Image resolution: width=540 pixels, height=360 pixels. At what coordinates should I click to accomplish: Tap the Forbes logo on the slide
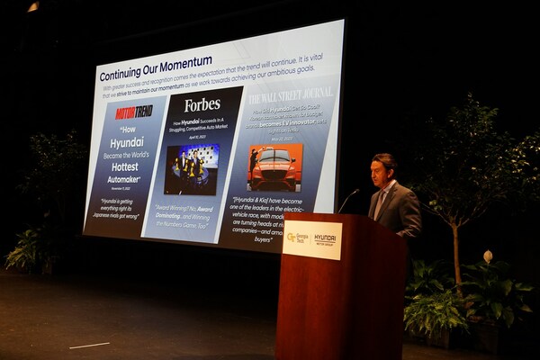point(202,104)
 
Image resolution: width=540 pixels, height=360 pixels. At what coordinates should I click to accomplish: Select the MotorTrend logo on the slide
point(133,112)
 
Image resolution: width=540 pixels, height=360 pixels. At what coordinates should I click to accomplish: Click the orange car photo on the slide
point(274,167)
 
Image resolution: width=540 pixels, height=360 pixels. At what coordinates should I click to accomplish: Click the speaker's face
point(382,169)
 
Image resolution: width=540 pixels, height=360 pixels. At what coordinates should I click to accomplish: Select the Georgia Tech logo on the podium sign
point(297,238)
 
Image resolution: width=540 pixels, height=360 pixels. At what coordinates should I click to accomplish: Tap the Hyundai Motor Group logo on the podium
point(324,239)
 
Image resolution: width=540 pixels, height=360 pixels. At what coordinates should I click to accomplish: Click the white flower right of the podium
point(488,256)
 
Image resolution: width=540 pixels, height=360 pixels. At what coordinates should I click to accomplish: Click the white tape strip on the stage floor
point(90,346)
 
